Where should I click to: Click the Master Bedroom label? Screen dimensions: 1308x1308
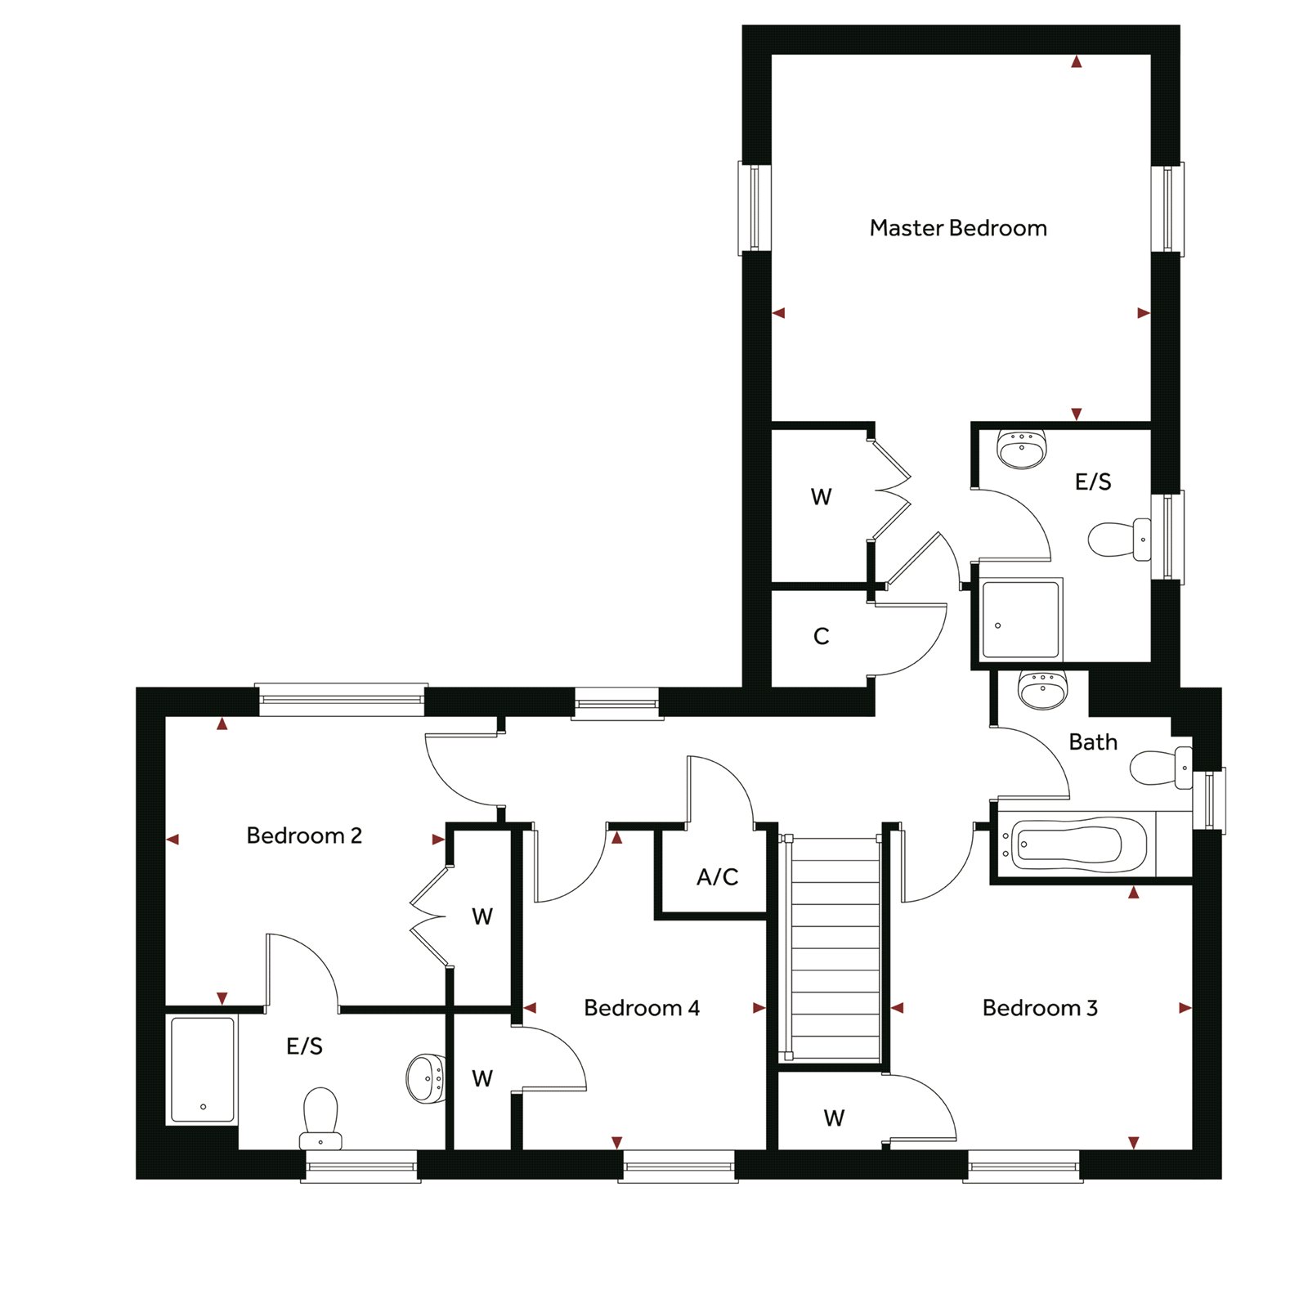[958, 228]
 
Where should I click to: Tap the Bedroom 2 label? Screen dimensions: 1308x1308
[304, 835]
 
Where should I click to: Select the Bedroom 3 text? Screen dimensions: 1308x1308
[1040, 1008]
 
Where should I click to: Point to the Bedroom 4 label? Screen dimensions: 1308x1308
[642, 1008]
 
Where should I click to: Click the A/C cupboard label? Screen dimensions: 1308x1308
[718, 877]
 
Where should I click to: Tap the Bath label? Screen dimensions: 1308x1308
[1093, 742]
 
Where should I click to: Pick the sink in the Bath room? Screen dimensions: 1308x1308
[1043, 689]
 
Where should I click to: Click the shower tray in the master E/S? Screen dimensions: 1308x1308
[1020, 620]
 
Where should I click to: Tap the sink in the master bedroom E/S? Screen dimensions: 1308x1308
[1022, 448]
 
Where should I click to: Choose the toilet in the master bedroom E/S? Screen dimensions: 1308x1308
[1120, 540]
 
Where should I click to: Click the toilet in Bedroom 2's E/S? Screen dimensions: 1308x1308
[320, 1118]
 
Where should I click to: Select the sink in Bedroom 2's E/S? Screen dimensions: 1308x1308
[426, 1078]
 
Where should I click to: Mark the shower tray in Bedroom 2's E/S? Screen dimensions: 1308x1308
[202, 1070]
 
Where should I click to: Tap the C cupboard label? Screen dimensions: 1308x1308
[822, 636]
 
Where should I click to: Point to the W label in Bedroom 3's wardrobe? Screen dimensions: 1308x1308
[834, 1118]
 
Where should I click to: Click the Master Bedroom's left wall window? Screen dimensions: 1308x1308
[755, 208]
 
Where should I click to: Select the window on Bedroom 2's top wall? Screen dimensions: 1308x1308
[341, 700]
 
